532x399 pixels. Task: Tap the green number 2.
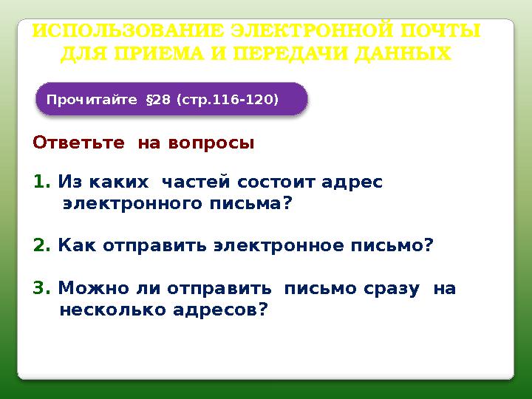click(41, 245)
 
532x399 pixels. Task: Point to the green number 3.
click(41, 288)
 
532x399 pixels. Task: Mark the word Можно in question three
click(83, 288)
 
